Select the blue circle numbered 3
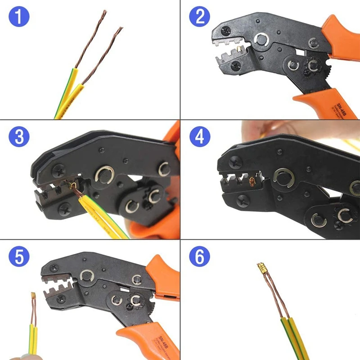(x=18, y=137)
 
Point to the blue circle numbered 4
(x=199, y=137)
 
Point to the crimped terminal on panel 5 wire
(x=34, y=297)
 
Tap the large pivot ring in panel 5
(x=86, y=276)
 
